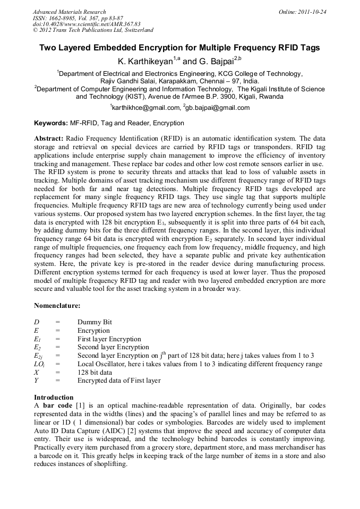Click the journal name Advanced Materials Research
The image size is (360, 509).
(69, 12)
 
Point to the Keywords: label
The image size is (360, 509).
(50, 123)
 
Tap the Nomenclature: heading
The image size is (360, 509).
(57, 306)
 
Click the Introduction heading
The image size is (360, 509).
(54, 398)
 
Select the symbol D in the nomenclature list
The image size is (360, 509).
(37, 322)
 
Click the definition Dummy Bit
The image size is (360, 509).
(95, 322)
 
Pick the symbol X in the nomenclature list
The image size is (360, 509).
(36, 372)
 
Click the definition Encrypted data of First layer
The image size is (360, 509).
(119, 381)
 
